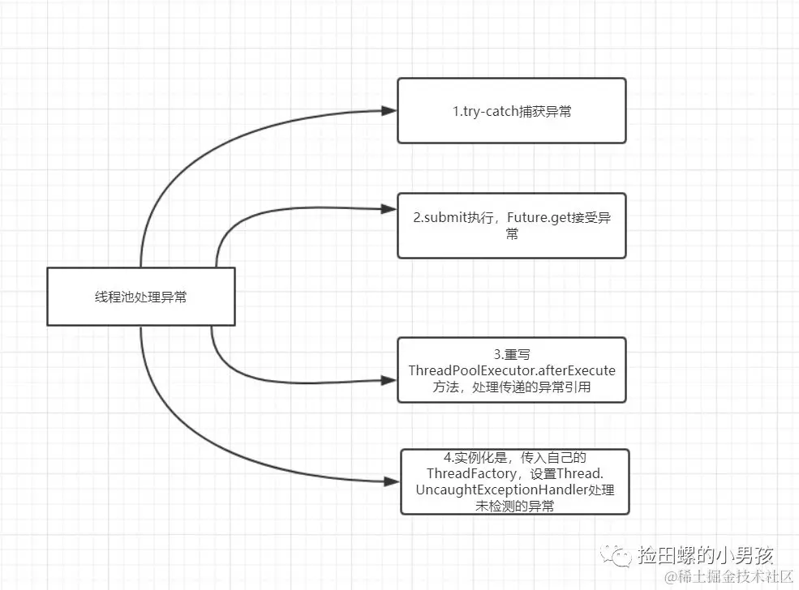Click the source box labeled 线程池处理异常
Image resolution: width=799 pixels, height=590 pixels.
point(140,297)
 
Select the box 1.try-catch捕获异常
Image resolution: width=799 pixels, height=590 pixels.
point(511,111)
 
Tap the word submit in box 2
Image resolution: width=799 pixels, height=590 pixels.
point(443,219)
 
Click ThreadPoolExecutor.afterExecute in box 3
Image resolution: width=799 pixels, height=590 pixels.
point(512,370)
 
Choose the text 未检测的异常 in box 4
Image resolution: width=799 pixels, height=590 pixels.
point(515,506)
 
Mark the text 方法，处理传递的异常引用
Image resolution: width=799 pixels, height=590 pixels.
point(512,387)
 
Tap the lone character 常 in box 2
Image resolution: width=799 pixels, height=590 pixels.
point(511,234)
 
